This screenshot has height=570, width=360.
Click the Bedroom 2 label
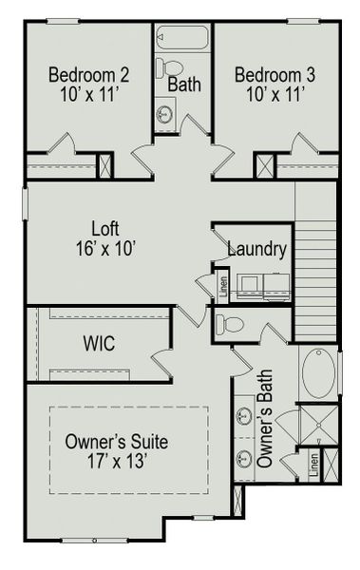tap(89, 74)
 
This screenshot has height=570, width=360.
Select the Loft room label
tap(105, 229)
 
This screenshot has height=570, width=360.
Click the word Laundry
tap(256, 250)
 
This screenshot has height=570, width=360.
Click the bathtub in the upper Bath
tap(182, 38)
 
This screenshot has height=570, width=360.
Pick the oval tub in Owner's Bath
tap(316, 372)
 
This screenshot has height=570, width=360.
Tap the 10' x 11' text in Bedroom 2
tap(89, 93)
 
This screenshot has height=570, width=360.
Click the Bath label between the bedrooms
tap(185, 84)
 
